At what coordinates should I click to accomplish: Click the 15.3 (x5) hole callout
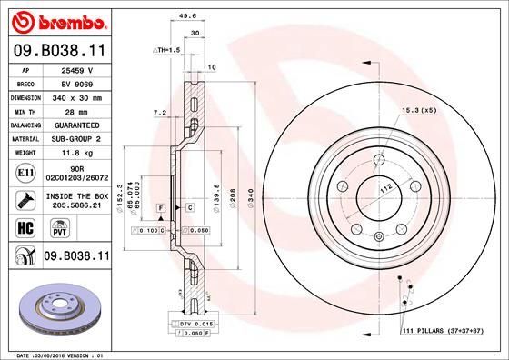click(419, 110)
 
